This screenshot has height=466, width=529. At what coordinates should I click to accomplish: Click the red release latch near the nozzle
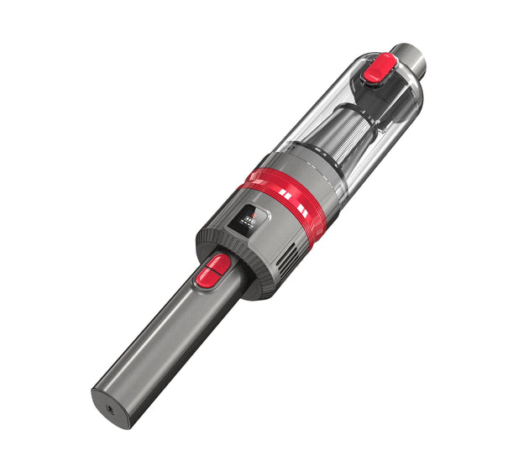pos(380,66)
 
